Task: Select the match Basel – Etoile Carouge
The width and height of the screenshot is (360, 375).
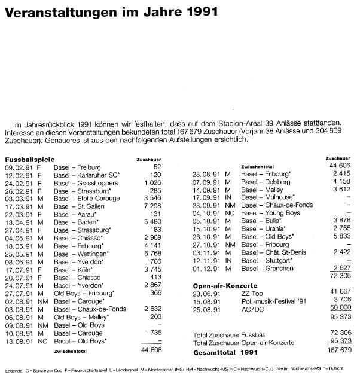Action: [86, 197]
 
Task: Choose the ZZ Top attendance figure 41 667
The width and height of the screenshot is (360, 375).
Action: [337, 294]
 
